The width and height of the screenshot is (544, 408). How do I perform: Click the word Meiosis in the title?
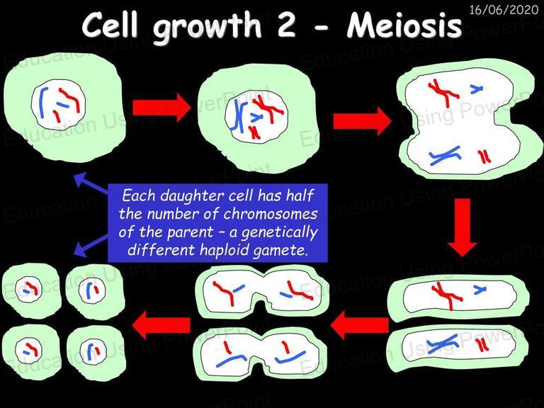pos(404,25)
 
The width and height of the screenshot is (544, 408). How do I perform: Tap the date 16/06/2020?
pos(504,9)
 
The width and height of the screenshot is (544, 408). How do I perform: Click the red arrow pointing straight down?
pos(463,227)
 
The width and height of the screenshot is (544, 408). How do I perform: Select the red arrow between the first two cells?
pos(161,108)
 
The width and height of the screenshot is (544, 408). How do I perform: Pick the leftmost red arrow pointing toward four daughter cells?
pos(161,324)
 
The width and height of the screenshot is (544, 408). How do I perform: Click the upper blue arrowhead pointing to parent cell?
pos(81,178)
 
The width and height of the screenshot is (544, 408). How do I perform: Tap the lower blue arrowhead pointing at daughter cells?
pos(81,249)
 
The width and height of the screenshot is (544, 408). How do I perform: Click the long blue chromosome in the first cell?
pos(42,103)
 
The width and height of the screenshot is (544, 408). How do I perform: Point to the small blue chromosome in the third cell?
pos(476,89)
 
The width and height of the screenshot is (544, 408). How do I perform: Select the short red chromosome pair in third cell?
pos(484,157)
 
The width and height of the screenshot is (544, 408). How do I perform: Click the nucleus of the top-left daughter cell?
pos(29,290)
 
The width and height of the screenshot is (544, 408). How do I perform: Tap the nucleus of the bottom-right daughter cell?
pos(93,351)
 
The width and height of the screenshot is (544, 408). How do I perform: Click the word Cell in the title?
pos(110,25)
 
